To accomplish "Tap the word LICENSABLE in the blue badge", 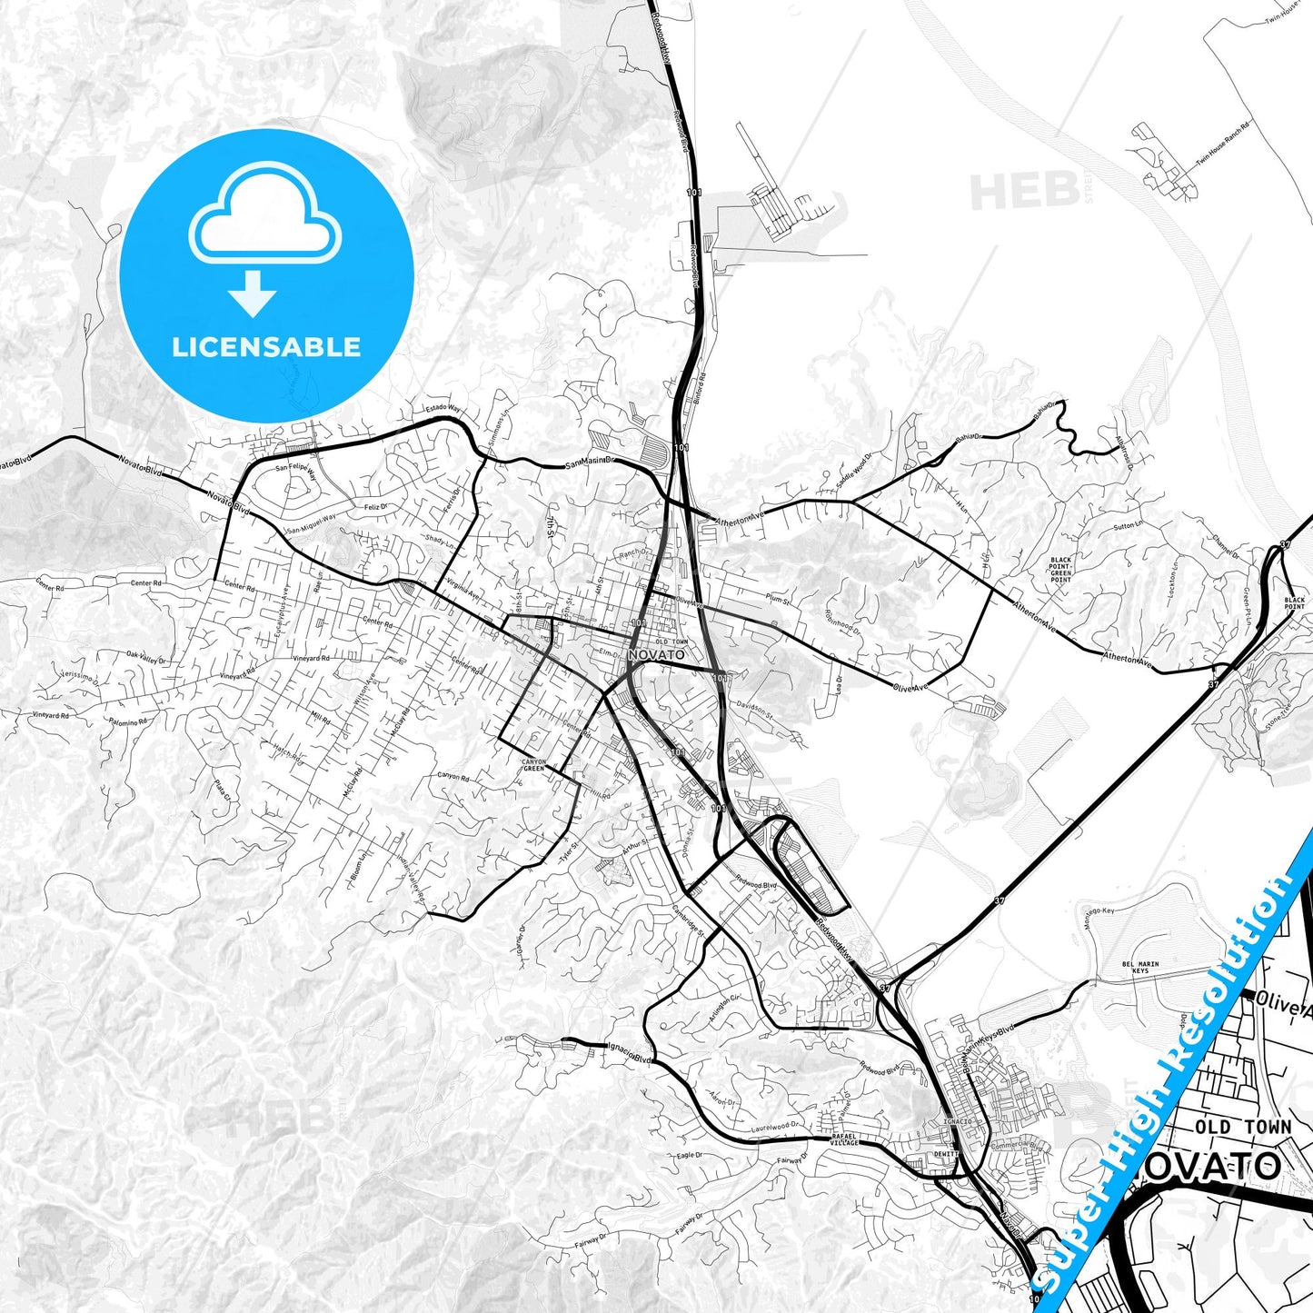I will point(266,347).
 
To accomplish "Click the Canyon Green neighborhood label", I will point(534,765).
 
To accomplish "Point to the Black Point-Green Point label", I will point(1060,570).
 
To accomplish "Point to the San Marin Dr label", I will point(591,463).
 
